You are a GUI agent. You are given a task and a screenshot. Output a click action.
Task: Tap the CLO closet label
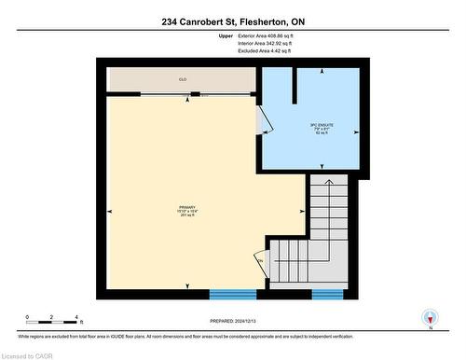(183, 80)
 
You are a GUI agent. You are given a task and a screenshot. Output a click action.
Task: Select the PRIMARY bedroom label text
(187, 207)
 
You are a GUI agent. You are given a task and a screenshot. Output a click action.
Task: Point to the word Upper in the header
(226, 35)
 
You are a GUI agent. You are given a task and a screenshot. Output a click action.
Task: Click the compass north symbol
(430, 319)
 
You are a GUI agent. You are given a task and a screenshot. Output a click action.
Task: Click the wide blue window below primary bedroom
(232, 294)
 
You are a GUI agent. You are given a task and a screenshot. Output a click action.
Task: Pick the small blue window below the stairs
(327, 294)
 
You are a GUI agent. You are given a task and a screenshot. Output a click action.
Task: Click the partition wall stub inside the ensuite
(296, 87)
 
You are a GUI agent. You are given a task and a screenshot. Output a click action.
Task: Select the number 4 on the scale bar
(77, 317)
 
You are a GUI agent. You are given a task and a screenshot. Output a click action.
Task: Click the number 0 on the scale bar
(28, 317)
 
